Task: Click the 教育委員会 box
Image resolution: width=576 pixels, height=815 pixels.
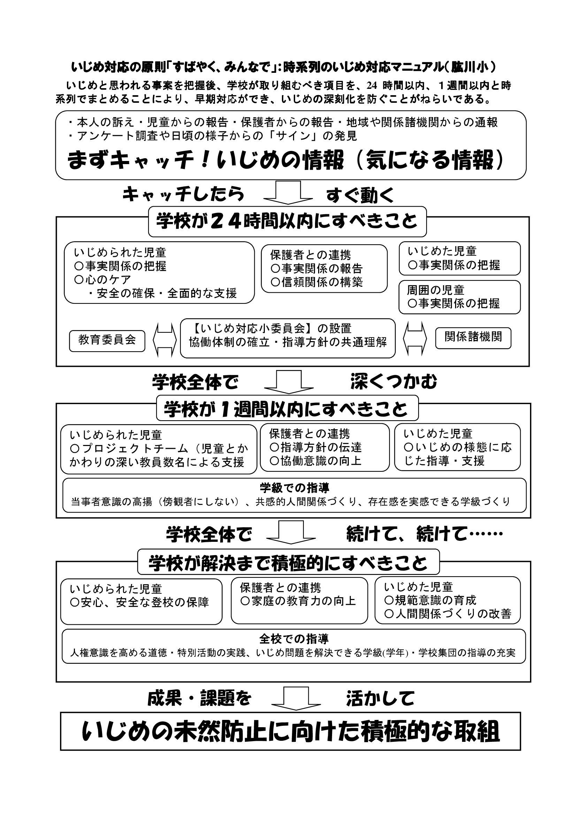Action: click(107, 341)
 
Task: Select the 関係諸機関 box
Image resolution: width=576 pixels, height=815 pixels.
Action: click(473, 338)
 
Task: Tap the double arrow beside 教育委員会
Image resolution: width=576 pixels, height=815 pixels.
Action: click(165, 340)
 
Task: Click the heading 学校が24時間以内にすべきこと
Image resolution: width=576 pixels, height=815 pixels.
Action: click(287, 222)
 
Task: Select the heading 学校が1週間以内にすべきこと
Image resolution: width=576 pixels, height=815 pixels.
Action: click(287, 408)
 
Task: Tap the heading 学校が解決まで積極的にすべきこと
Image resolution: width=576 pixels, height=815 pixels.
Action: click(288, 562)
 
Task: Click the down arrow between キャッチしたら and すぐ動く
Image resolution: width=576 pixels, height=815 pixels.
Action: click(288, 192)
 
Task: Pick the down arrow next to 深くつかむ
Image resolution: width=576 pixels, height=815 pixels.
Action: click(289, 382)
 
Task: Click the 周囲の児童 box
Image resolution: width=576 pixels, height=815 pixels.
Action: click(460, 297)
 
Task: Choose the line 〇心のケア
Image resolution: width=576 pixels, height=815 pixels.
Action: click(103, 280)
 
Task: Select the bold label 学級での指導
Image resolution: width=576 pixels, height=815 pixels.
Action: click(294, 488)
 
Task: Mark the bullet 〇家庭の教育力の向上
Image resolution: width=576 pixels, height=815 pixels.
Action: click(298, 601)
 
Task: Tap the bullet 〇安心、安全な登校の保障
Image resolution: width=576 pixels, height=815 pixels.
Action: click(139, 602)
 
